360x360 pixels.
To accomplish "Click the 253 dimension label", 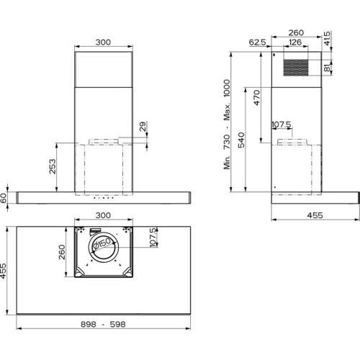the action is [x=53, y=166].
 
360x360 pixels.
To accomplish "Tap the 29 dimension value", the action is [x=143, y=127].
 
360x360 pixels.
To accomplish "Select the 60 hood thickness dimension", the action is [x=4, y=198].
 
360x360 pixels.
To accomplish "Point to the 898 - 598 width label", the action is [x=103, y=324].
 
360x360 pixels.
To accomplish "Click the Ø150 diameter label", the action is [x=102, y=243].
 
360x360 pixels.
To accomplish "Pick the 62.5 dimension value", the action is [x=258, y=42].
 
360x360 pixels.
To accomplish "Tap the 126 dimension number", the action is [x=295, y=42].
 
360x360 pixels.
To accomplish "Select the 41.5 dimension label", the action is [x=327, y=38].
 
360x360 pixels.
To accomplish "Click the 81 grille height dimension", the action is [x=327, y=68].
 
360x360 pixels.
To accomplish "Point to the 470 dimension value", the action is [x=256, y=97].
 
